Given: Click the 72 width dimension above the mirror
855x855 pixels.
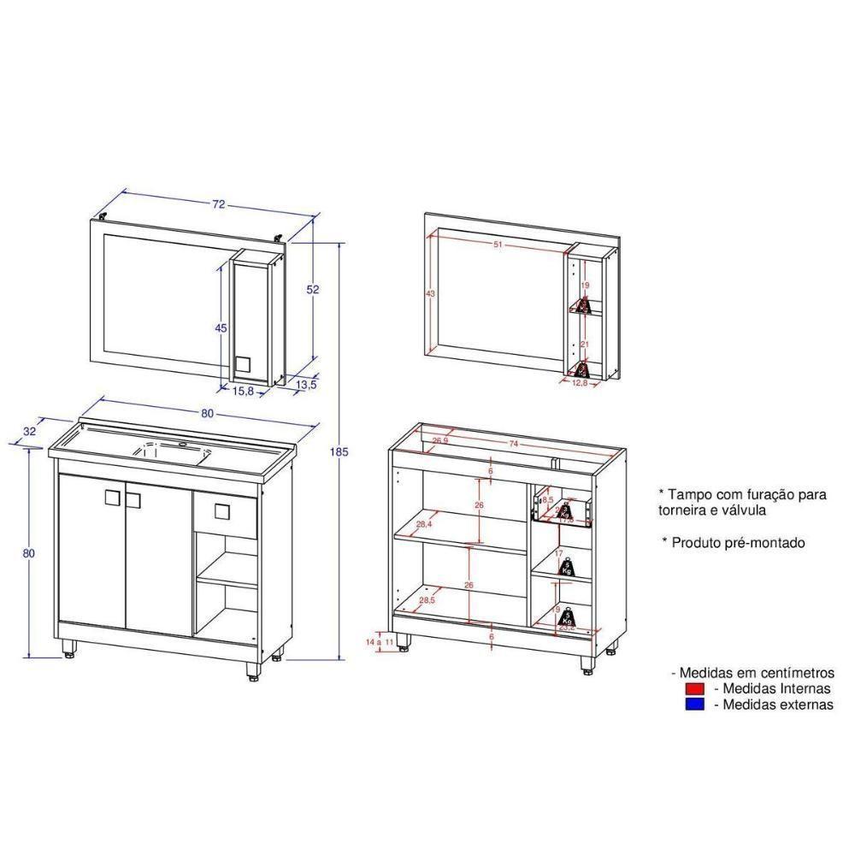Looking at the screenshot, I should (219, 204).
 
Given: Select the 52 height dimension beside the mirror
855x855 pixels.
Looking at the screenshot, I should (313, 290).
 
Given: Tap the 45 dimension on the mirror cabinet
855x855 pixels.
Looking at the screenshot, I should (221, 328).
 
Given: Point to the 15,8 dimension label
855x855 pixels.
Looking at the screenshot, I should (244, 391).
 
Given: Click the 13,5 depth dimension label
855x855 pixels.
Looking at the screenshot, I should (305, 385).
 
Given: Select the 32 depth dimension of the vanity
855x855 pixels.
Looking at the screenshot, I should (30, 432).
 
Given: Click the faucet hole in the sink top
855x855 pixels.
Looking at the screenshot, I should (185, 445).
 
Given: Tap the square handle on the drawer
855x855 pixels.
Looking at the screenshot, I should (222, 512).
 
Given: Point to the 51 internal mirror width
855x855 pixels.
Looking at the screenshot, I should (498, 245).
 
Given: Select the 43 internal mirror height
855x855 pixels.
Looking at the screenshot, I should (430, 294).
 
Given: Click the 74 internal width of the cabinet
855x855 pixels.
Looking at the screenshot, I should (514, 444).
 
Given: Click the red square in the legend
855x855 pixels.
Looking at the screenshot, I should (693, 688).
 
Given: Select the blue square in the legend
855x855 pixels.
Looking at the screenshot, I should (693, 705).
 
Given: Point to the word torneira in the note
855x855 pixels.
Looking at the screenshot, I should (684, 510).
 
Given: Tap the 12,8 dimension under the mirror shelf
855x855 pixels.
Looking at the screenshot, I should (581, 382).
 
